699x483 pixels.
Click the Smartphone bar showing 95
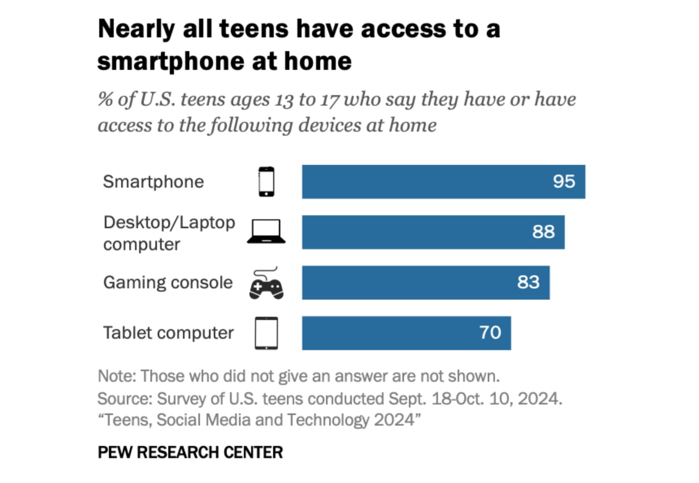coord(423,182)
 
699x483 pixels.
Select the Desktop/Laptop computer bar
coord(412,232)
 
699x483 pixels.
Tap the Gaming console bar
coord(401,283)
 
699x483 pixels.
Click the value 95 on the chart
coord(564,181)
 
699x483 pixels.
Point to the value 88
coord(543,232)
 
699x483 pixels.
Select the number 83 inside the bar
coord(528,282)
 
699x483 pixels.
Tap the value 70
coord(490,332)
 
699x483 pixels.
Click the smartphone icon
coord(266,182)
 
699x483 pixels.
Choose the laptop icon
coord(266,232)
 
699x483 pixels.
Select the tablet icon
coord(266,333)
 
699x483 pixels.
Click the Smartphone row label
coord(153,181)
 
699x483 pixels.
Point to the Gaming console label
coord(168,283)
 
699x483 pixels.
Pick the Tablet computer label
coord(169,332)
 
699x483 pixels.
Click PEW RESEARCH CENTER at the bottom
coord(190,452)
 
